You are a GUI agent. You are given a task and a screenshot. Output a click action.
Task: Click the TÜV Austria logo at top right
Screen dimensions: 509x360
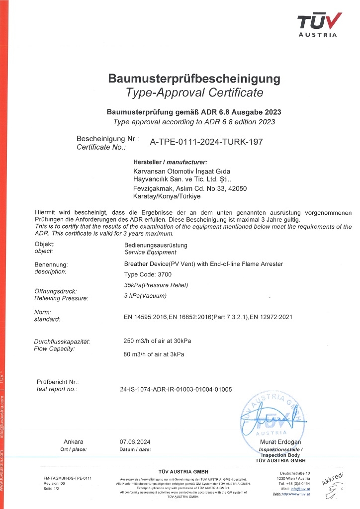(x=319, y=24)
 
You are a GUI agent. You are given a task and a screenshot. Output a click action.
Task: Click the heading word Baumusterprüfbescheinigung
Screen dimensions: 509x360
(x=194, y=79)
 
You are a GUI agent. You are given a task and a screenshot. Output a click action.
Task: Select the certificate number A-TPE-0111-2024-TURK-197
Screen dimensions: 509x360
(x=206, y=142)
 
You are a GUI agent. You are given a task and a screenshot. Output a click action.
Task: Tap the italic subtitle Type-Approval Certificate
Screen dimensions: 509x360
(x=194, y=92)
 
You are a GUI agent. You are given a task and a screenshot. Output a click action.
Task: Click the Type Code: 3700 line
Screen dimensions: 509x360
(x=147, y=274)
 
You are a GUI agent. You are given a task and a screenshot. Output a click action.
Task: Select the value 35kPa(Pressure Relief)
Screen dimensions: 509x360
(x=156, y=285)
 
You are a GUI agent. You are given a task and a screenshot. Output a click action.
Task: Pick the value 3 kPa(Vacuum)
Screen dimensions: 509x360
(x=145, y=296)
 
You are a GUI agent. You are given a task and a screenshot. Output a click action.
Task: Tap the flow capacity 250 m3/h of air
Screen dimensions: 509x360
(x=157, y=341)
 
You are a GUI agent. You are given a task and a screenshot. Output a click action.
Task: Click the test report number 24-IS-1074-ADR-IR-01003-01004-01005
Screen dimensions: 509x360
(x=176, y=389)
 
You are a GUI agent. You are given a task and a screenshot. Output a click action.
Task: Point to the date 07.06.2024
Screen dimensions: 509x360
(x=135, y=442)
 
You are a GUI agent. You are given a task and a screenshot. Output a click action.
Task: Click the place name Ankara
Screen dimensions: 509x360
(x=74, y=442)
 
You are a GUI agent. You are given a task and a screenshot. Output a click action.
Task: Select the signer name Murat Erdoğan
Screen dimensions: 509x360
(x=280, y=442)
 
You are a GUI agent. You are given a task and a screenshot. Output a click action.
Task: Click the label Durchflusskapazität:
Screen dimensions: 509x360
(x=62, y=341)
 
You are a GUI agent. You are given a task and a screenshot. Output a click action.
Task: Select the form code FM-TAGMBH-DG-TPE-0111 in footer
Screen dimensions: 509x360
(x=68, y=478)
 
